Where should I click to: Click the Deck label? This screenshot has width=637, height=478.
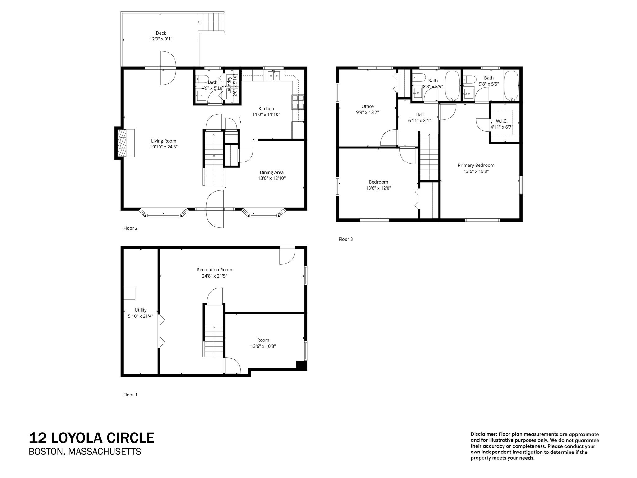coord(161,33)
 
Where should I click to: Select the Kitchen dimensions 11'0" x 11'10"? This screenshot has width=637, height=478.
coord(266,115)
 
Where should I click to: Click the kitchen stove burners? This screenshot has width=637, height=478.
coord(298,102)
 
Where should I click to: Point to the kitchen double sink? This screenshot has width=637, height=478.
coord(274,75)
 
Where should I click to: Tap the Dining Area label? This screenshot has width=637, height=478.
coord(272,172)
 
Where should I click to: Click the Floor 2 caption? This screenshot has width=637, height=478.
coord(130,228)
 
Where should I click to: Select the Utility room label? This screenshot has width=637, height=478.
coord(141,310)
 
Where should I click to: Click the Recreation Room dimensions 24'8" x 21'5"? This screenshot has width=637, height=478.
coord(214,276)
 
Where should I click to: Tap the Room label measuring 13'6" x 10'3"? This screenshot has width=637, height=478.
coord(263,340)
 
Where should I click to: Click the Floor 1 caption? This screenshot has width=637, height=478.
coord(130,395)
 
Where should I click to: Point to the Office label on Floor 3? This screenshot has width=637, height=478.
coord(367,106)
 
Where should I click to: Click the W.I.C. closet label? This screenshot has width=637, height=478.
coord(501,121)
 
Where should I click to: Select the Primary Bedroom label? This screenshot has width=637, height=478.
coord(476,165)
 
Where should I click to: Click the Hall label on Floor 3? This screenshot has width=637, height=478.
coord(419,115)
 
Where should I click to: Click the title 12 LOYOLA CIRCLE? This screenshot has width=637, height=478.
coord(91,438)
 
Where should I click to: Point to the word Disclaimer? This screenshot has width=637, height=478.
coord(483,434)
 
